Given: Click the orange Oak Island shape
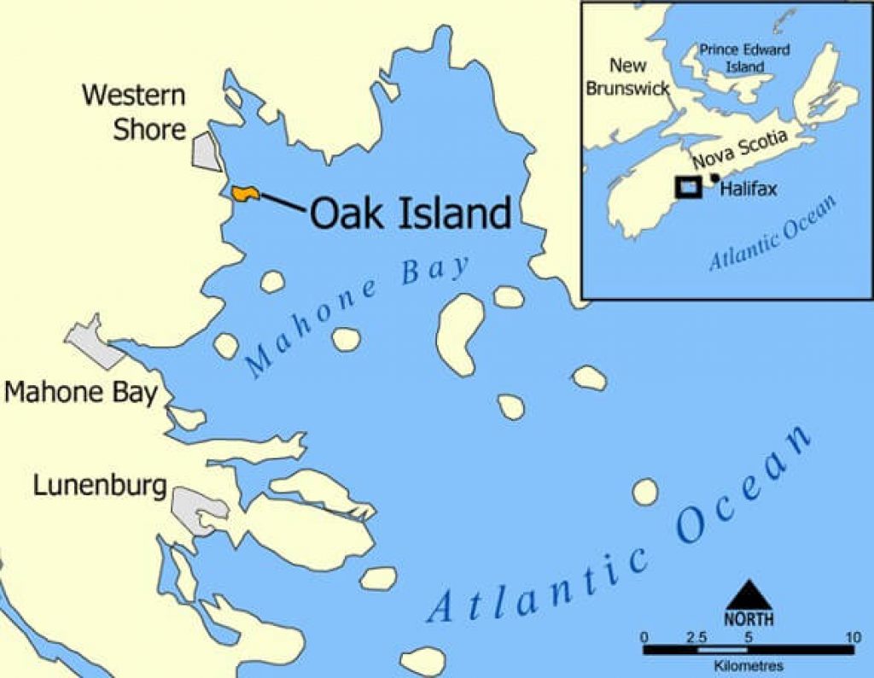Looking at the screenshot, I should point(245,194).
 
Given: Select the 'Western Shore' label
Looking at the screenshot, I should point(134,112).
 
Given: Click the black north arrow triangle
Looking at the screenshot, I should point(749,594).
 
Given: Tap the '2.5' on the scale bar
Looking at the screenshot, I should point(696,637).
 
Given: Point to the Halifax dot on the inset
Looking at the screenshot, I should point(714,178).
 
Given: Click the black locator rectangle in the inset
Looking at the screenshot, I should point(687,186).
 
